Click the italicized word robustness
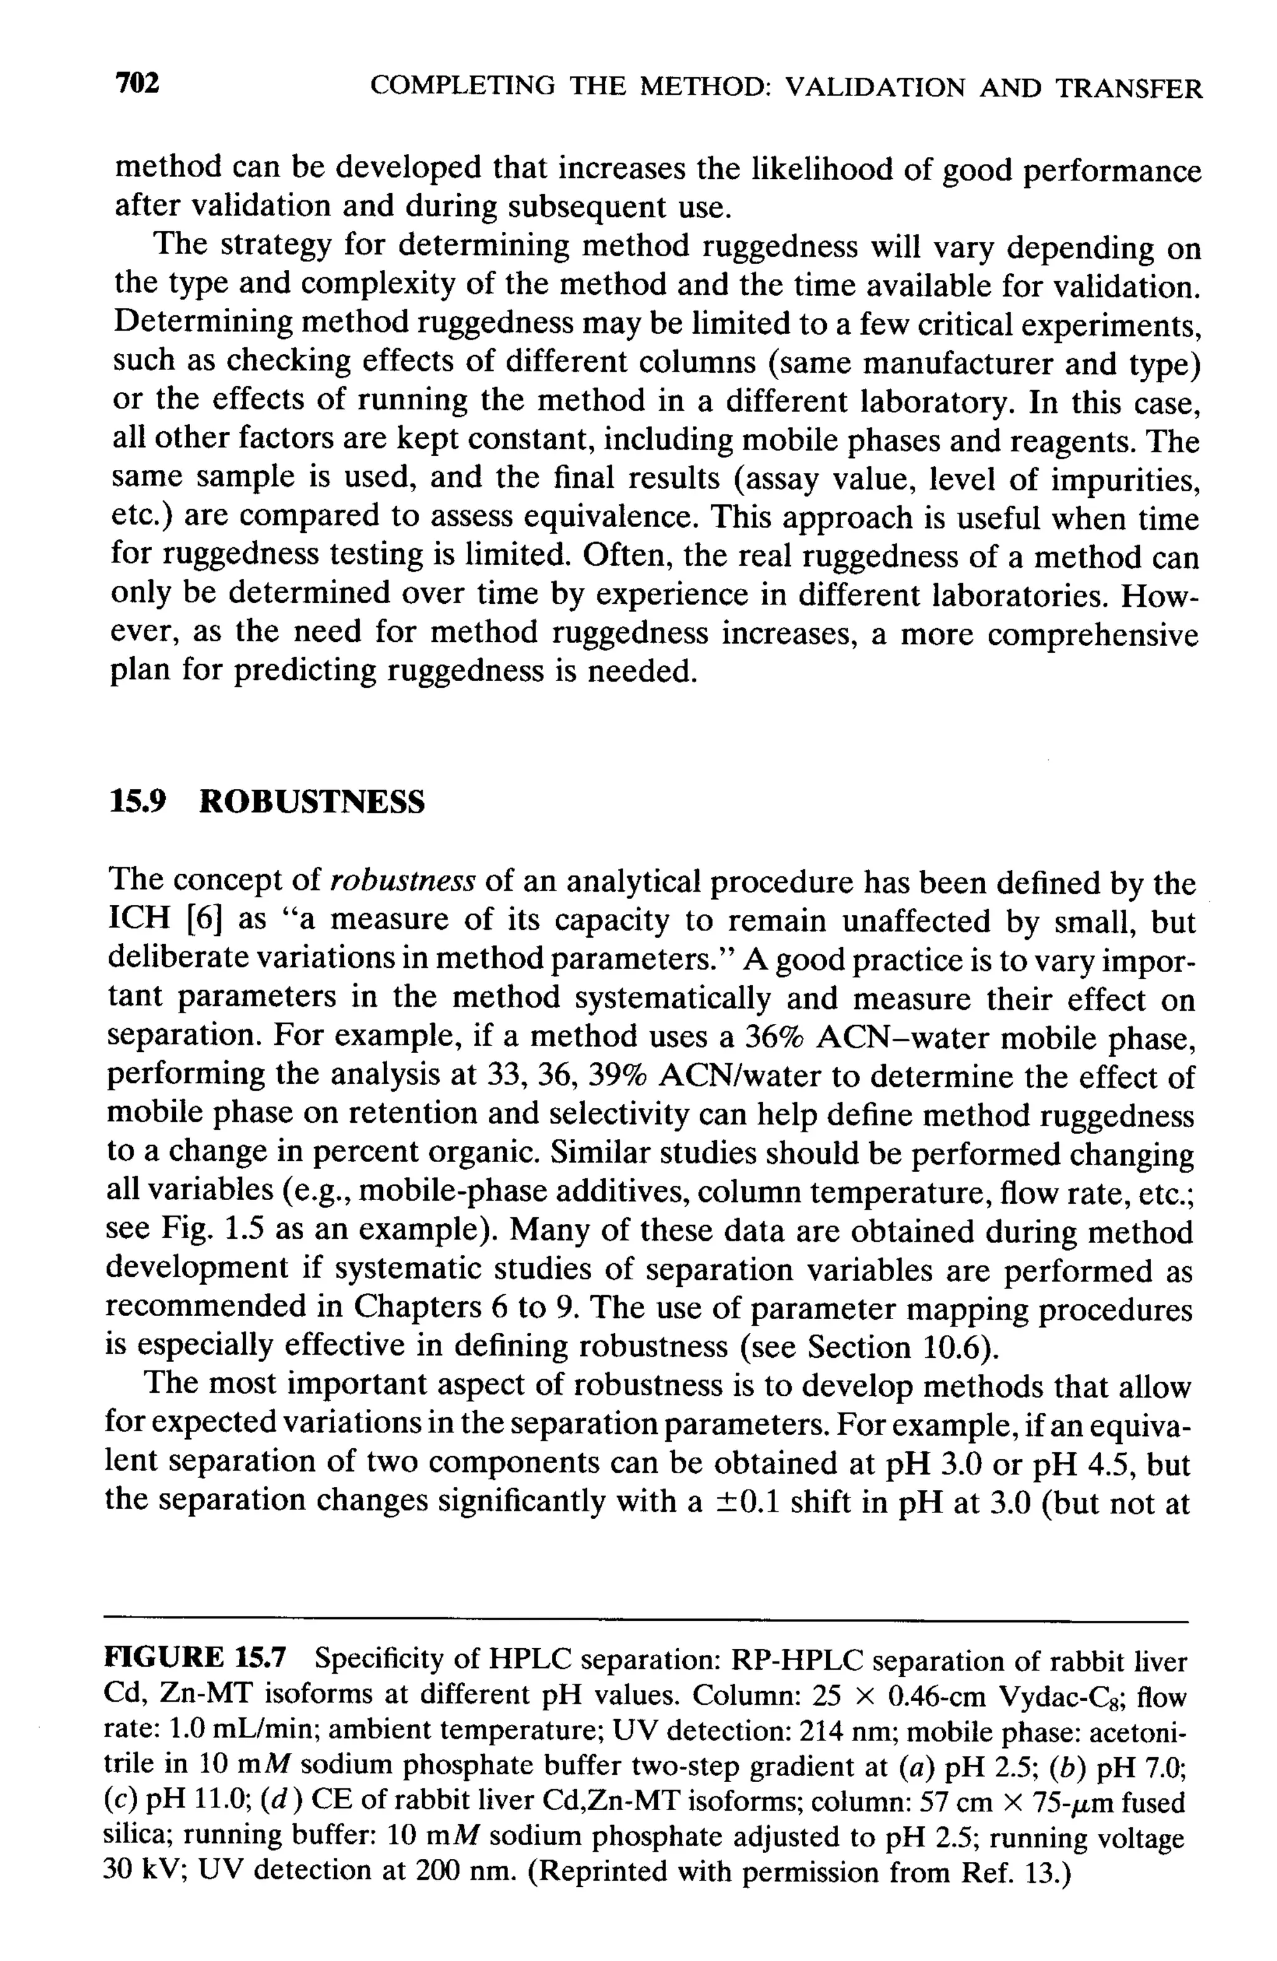(x=402, y=882)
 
